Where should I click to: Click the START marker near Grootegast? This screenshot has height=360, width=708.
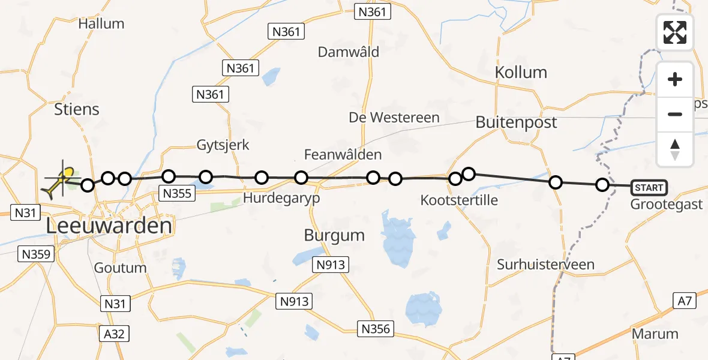click(x=649, y=188)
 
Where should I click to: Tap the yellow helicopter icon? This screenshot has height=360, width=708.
click(x=59, y=181)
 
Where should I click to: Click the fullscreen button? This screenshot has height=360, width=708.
click(x=675, y=32)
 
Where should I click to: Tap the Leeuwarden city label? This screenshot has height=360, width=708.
click(x=109, y=226)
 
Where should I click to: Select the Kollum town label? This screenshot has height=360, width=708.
click(x=521, y=73)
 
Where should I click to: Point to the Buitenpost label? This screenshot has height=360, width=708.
click(x=516, y=122)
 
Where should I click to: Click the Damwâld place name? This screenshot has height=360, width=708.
click(x=349, y=52)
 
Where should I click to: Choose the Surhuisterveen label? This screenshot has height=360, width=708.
click(x=545, y=265)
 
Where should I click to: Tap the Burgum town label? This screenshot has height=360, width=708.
click(x=334, y=235)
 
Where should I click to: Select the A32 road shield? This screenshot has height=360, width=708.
click(x=114, y=334)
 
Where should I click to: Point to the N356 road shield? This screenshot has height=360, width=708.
click(x=376, y=329)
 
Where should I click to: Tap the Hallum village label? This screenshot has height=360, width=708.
click(x=101, y=24)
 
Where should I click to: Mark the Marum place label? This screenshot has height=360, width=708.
click(x=655, y=334)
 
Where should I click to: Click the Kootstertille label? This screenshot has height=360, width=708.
click(x=459, y=200)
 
